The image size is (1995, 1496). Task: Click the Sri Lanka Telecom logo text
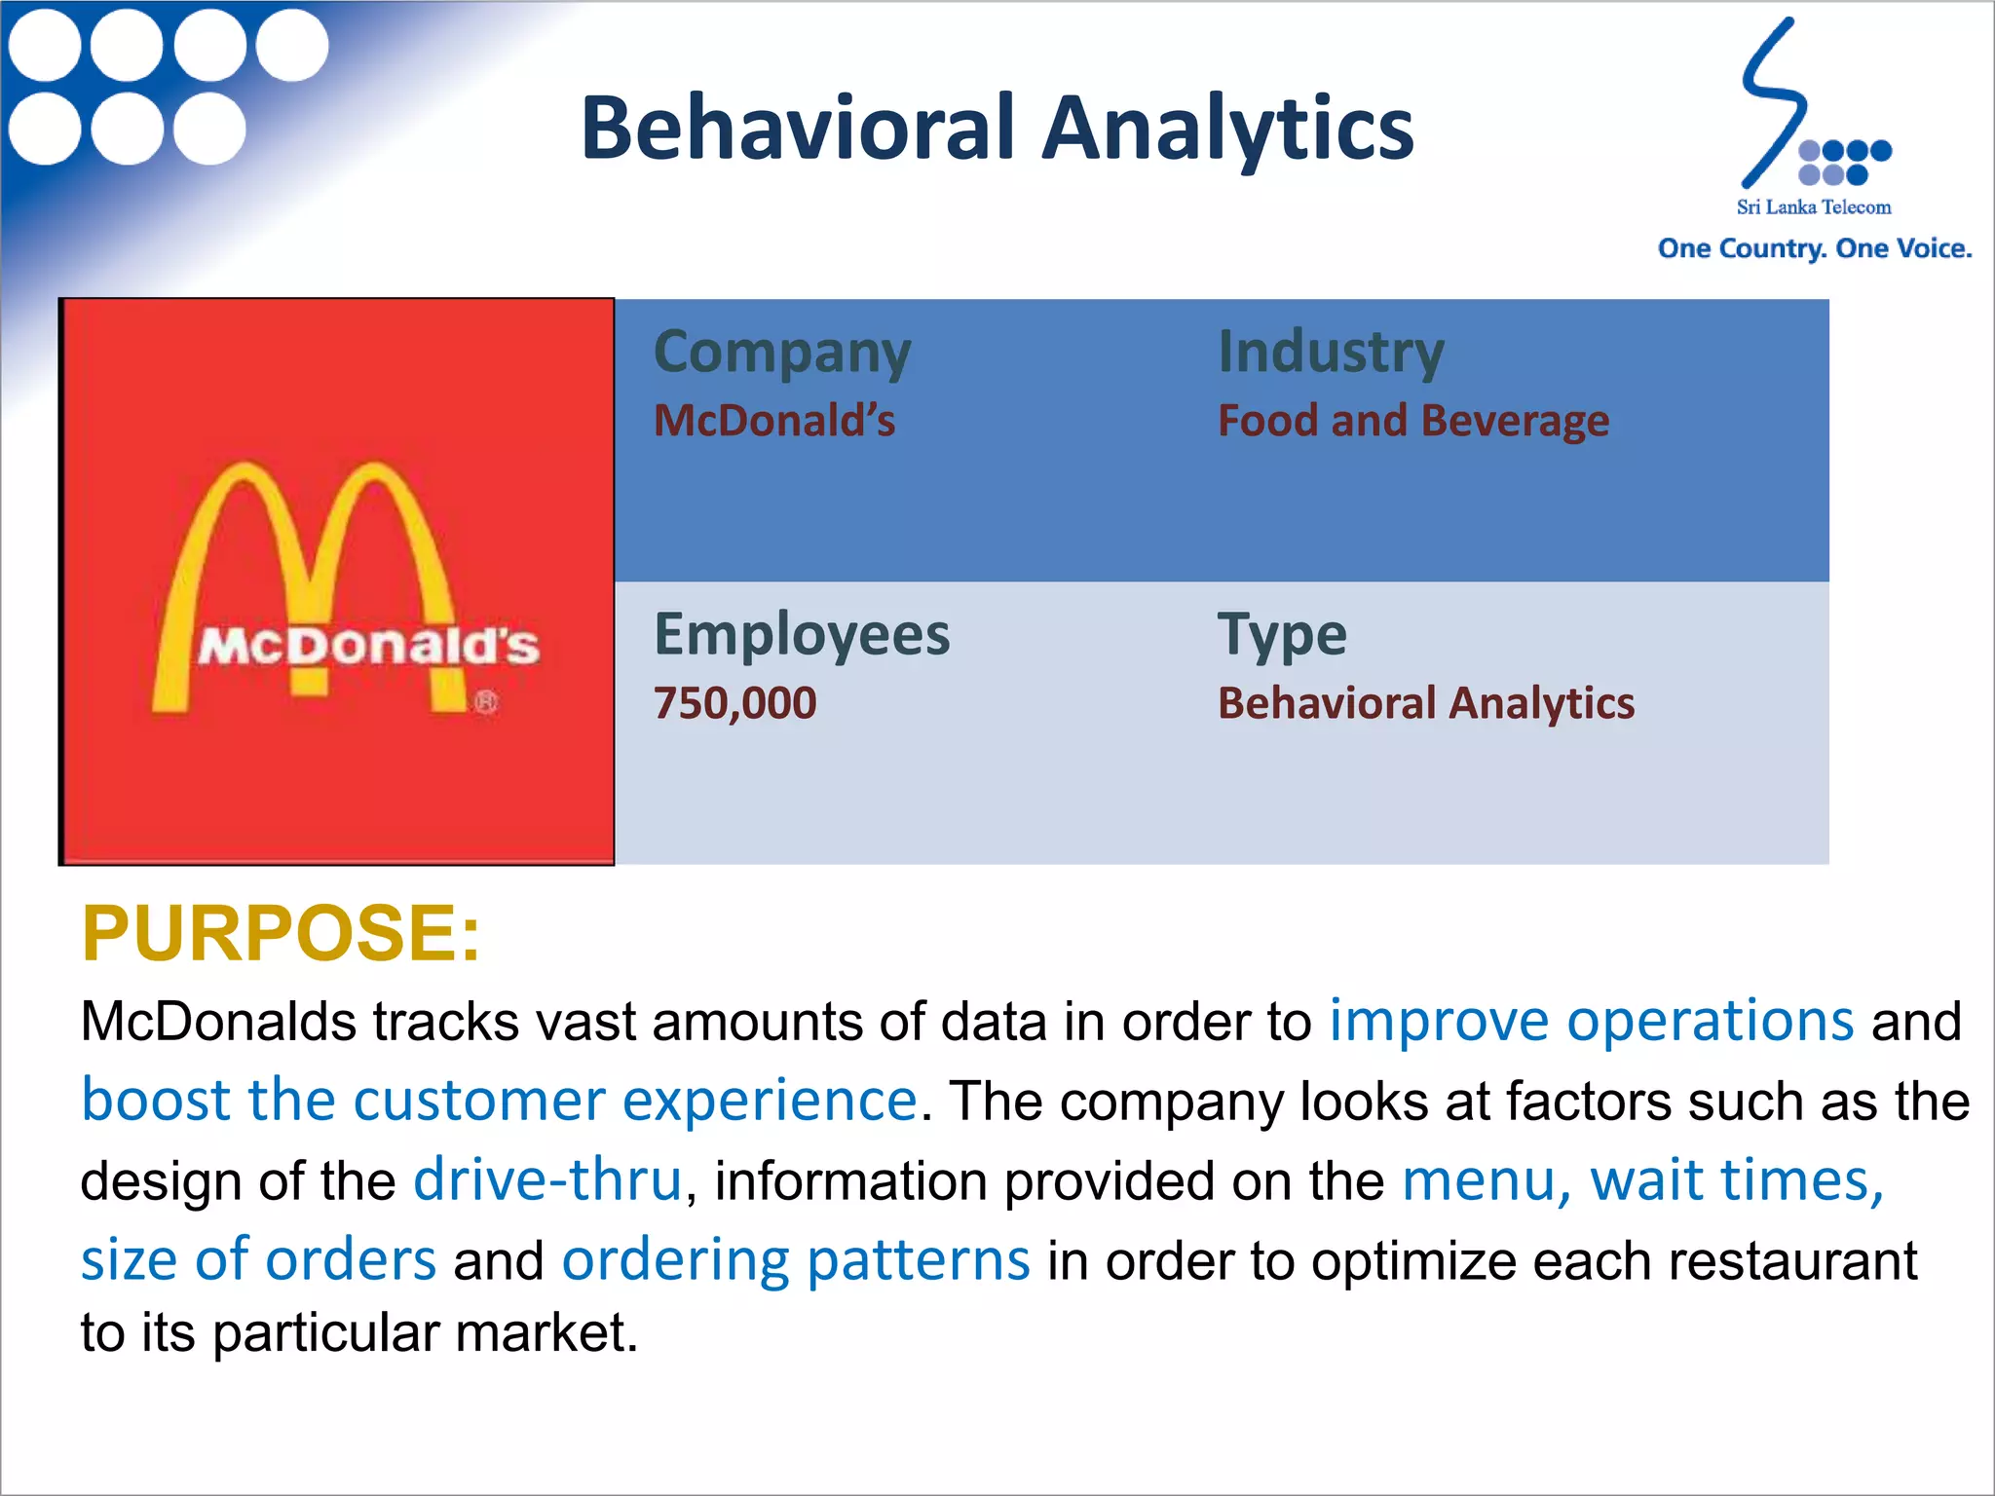[1813, 207]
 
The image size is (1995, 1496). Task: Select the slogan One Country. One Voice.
[1814, 249]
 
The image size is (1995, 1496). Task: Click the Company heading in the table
[782, 353]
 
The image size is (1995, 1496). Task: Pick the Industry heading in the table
[1331, 352]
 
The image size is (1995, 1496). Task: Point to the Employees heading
[801, 635]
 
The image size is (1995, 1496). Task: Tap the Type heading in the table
[1282, 635]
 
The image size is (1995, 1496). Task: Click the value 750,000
[734, 703]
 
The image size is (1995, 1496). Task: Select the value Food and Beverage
[1412, 421]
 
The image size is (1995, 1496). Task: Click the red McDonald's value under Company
[774, 421]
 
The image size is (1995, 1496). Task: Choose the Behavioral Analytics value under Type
[1425, 703]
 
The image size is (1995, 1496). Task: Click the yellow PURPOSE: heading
[281, 933]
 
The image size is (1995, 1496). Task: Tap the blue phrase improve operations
[1591, 1021]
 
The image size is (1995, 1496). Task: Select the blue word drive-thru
[547, 1180]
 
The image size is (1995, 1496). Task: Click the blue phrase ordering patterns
[795, 1260]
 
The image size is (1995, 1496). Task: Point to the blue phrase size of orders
[258, 1260]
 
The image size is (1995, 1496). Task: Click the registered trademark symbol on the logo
[486, 701]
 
